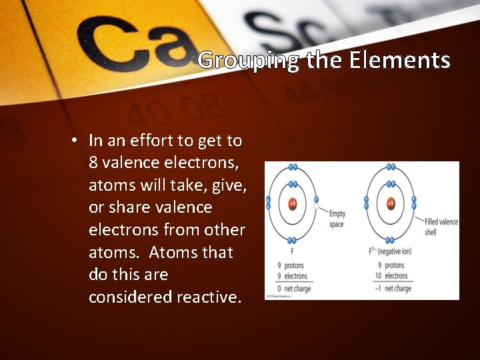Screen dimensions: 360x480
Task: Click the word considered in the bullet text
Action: coord(130,297)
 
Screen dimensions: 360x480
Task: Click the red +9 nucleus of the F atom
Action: coord(292,203)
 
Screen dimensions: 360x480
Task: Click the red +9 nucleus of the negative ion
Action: coord(391,203)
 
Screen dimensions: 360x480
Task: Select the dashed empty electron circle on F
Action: coord(316,207)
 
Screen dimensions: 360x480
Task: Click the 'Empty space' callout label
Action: coord(337,219)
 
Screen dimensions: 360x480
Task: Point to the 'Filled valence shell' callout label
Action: coord(441,227)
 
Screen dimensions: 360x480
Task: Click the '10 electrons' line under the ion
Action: coord(391,276)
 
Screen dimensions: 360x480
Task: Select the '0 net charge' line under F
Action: coord(293,289)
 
